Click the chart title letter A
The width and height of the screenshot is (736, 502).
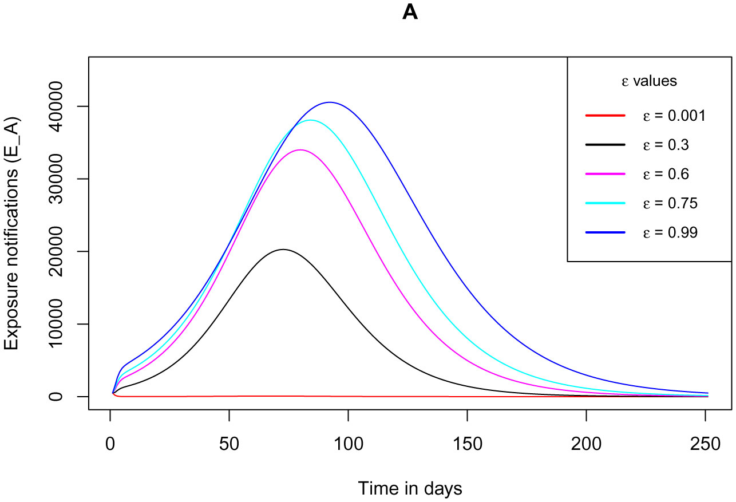point(410,13)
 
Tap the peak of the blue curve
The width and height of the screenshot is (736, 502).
point(330,102)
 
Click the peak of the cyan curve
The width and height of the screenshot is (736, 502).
point(311,120)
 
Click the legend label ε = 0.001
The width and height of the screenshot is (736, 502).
point(673,116)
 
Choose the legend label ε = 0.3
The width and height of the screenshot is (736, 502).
point(665,145)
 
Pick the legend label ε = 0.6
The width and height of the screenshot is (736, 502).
point(665,174)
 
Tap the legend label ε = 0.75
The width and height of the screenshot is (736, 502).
point(669,203)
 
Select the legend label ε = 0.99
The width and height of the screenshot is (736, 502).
point(669,232)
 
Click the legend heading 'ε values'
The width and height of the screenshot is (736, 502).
point(650,81)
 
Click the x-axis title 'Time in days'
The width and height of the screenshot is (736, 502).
point(410,488)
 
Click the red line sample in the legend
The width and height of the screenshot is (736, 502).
point(605,116)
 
